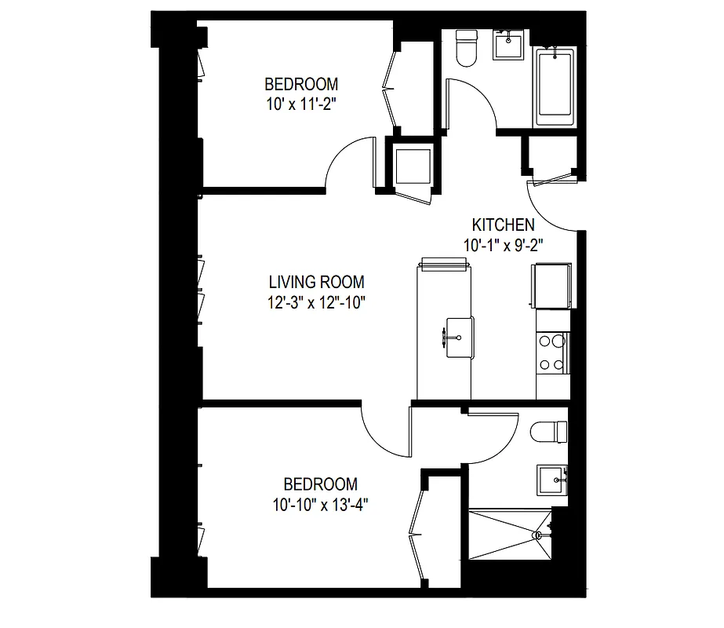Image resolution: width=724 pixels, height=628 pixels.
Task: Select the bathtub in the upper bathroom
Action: (x=555, y=86)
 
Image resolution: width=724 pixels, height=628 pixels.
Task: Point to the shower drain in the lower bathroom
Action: (x=538, y=535)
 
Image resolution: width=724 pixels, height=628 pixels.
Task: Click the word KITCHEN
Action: (x=504, y=225)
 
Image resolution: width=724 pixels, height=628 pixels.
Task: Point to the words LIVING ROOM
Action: (x=316, y=282)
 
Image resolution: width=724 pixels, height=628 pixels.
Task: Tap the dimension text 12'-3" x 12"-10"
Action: (x=317, y=301)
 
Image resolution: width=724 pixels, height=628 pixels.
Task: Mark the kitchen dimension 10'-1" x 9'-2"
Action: (x=504, y=244)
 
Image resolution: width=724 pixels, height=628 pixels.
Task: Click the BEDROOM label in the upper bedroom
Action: (x=301, y=83)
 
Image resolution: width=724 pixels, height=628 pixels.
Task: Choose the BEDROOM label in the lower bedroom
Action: (x=320, y=484)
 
